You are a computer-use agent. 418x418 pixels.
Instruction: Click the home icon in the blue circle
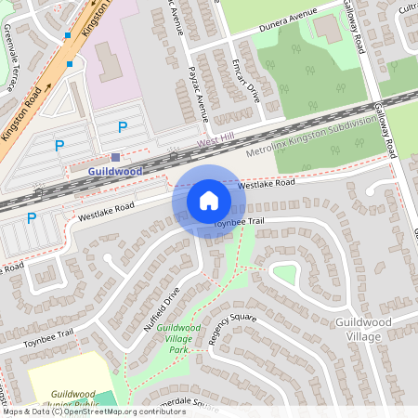pos(209,201)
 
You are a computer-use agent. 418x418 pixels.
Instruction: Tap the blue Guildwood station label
pos(116,172)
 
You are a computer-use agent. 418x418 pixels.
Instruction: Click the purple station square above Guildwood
pos(116,158)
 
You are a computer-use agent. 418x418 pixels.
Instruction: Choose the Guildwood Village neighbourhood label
pos(360,329)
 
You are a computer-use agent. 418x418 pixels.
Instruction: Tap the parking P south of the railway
pos(31,219)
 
